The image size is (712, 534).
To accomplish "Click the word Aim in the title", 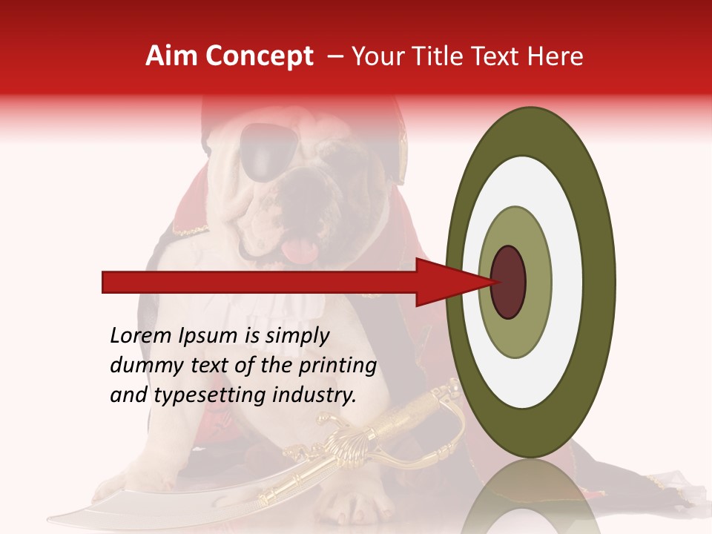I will point(172,56).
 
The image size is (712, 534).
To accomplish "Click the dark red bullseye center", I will point(508,282).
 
